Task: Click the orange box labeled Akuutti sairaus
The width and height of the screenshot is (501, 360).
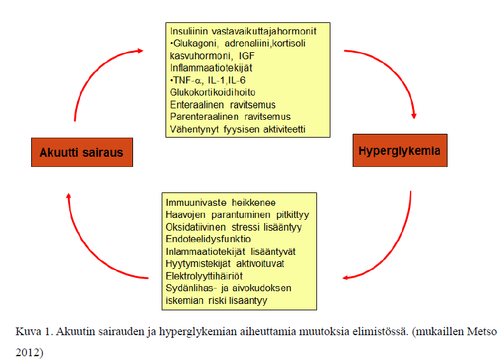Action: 81,152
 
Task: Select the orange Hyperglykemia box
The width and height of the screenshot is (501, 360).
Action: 400,150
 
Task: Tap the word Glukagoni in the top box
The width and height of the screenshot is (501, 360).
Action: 195,43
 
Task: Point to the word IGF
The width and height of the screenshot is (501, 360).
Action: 246,56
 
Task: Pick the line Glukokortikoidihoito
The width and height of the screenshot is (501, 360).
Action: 213,92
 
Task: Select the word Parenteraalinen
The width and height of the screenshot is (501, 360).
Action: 204,117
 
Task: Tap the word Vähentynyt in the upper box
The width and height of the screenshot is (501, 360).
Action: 194,129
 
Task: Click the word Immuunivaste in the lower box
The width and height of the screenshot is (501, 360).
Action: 196,203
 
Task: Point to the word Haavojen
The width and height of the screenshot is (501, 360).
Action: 185,215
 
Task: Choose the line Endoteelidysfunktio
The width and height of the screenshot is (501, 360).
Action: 208,239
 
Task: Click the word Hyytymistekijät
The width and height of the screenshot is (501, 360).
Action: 198,264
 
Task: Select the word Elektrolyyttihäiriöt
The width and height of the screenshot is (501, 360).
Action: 204,276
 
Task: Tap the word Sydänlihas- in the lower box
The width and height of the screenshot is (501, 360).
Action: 190,288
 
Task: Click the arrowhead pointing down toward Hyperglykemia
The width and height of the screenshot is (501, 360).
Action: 414,116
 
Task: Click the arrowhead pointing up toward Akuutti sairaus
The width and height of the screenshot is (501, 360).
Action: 68,196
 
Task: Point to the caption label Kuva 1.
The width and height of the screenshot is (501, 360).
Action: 33,331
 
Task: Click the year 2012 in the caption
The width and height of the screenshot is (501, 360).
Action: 27,352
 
